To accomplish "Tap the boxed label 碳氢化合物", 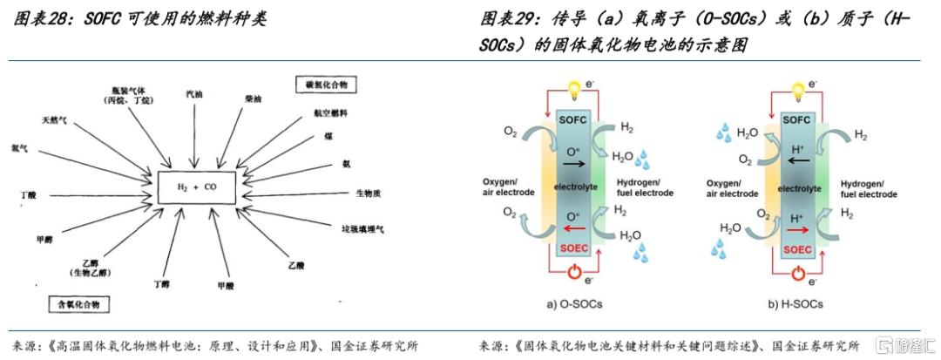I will click(326, 85).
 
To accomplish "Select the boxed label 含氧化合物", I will click(78, 304).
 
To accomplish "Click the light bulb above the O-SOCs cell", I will click(572, 90).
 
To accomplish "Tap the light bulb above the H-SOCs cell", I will click(796, 90).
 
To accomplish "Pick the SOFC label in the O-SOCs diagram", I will click(572, 119).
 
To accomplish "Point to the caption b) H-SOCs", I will click(795, 304).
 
